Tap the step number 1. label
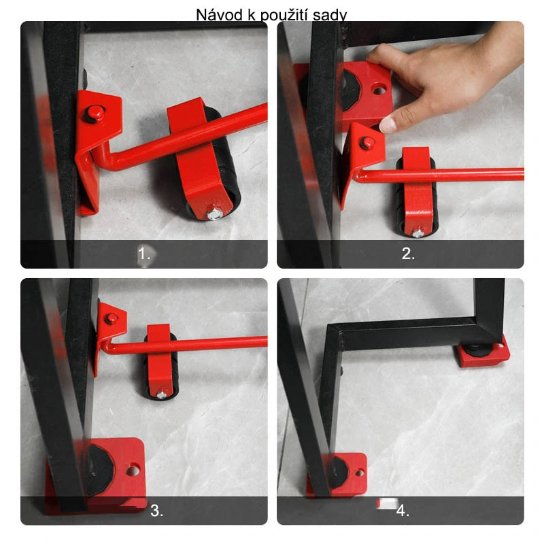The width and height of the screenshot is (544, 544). tap(144, 254)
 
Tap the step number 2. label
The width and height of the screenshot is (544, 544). tap(408, 254)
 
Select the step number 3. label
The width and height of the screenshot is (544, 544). tap(157, 511)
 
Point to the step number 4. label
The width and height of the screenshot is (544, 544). tap(403, 511)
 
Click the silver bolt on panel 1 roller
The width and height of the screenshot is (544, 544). tap(215, 214)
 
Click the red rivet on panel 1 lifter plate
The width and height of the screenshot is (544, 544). tap(95, 113)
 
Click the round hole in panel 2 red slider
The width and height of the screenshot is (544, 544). tap(379, 90)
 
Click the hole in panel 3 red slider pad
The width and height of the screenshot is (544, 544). tap(133, 471)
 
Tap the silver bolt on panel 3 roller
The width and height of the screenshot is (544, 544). tap(161, 394)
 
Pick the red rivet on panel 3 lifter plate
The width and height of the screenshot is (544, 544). tap(111, 318)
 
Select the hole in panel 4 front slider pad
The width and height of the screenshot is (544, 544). tap(360, 473)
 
